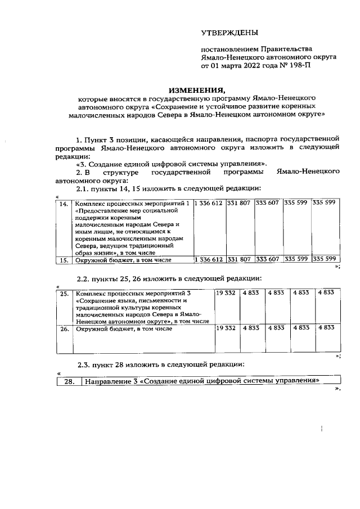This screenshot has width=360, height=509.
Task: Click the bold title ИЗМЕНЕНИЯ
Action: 197,90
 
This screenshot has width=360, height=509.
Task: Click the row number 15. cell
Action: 65,260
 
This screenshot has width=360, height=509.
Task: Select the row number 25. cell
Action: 65,293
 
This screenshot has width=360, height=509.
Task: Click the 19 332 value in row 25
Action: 226,293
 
